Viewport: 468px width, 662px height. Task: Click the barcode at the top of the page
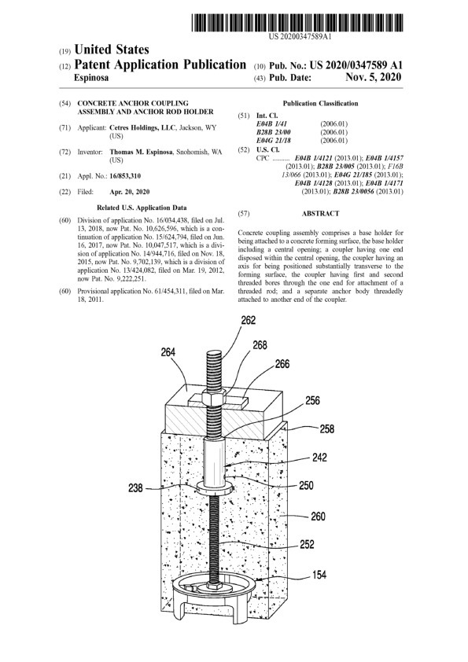pos(297,23)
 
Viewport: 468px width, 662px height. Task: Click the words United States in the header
pos(112,50)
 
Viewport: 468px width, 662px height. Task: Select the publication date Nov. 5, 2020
pos(374,77)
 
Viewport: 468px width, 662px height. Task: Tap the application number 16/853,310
pos(125,176)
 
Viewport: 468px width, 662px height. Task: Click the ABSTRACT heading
pos(320,214)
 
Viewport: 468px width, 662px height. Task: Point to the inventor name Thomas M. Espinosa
pos(141,152)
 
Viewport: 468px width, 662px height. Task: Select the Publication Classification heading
pos(320,104)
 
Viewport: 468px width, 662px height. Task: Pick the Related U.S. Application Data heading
pos(142,208)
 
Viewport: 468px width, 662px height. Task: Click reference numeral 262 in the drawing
pos(249,320)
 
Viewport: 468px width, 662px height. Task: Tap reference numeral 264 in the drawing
pos(168,351)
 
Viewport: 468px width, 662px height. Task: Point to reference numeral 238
pos(135,488)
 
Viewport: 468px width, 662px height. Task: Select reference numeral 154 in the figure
pos(319,574)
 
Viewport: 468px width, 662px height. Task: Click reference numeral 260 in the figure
pos(318,516)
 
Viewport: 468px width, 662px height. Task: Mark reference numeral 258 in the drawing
pos(327,429)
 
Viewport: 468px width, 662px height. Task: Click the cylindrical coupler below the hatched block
pos(215,462)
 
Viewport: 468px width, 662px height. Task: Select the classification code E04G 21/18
pos(274,141)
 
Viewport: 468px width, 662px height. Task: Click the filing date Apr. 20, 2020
pos(129,192)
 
